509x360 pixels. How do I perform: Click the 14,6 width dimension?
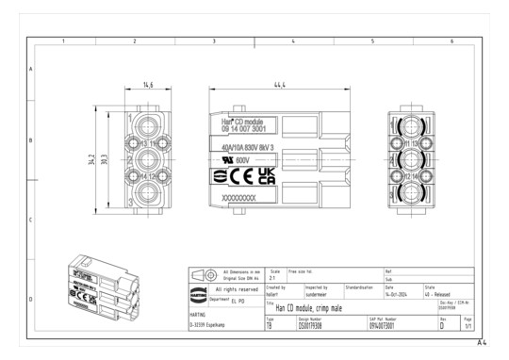(148, 86)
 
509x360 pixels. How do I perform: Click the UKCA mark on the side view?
(267, 176)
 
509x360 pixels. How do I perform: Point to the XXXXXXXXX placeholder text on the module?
(238, 199)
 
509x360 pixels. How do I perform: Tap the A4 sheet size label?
(482, 344)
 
